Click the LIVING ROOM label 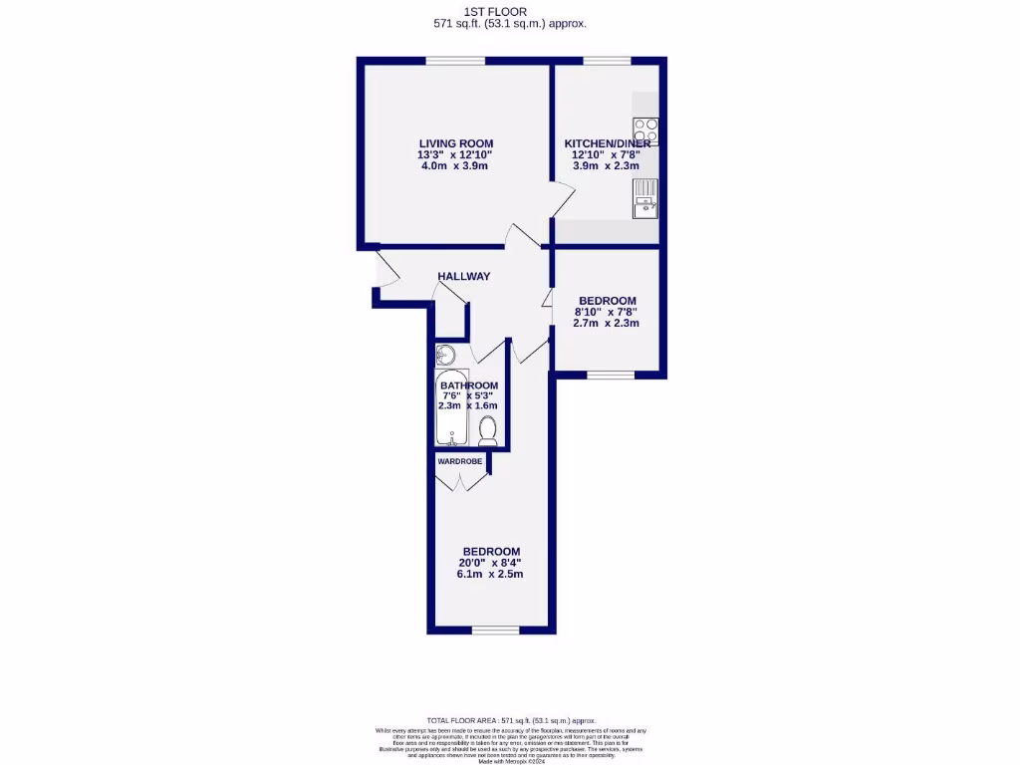point(455,143)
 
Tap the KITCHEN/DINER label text point(608,143)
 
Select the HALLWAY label point(464,276)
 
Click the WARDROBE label point(458,461)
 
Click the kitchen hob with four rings point(645,130)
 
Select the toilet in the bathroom point(488,429)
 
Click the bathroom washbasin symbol point(445,355)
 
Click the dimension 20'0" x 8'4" point(490,563)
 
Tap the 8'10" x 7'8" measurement point(607,312)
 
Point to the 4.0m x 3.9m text point(454,165)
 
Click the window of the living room point(455,62)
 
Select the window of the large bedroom point(495,630)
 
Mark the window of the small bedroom point(610,375)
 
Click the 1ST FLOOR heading point(509,11)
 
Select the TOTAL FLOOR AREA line point(510,720)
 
